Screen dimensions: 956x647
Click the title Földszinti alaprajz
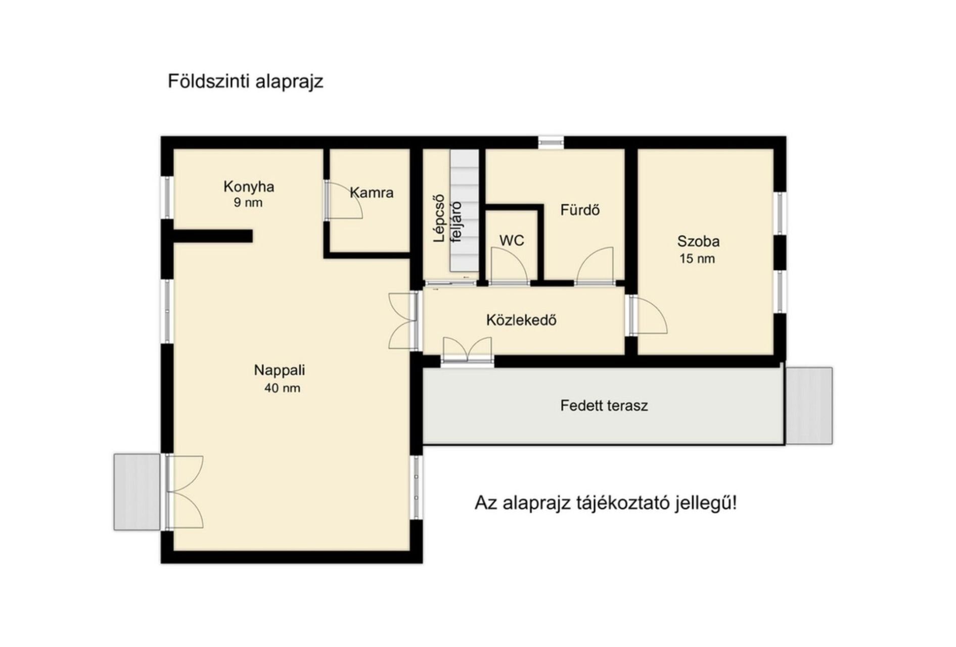(x=245, y=81)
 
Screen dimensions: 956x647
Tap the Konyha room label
(x=249, y=187)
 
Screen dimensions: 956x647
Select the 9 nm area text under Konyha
(x=248, y=203)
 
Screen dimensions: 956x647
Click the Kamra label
(x=372, y=193)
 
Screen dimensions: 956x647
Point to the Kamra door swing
(x=344, y=200)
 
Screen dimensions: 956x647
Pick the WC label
(x=512, y=241)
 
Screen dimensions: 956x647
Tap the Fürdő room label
(x=580, y=210)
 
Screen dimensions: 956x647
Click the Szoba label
(x=698, y=241)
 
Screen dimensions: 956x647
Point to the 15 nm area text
(x=697, y=259)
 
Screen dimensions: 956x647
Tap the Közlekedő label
(x=521, y=320)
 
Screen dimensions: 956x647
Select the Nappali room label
(x=280, y=370)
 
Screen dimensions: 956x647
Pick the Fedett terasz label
(x=604, y=405)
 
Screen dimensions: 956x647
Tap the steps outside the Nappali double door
(x=137, y=492)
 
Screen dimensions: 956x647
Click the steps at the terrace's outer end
(x=809, y=406)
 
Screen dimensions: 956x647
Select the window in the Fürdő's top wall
(x=551, y=142)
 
